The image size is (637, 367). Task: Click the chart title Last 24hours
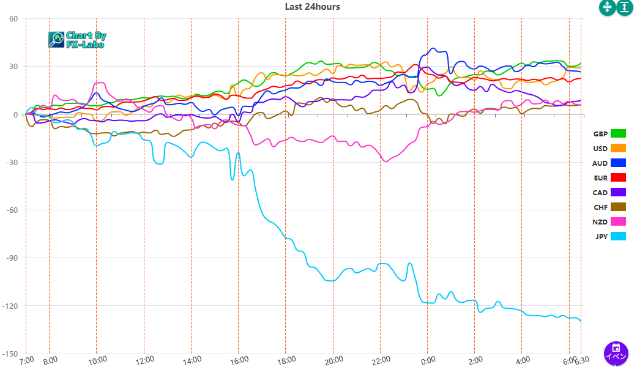(312, 7)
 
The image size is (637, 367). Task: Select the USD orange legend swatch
(618, 148)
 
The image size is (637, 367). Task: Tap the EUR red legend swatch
(618, 177)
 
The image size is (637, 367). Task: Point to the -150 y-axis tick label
(12, 354)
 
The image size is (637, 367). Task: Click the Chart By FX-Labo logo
(77, 40)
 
